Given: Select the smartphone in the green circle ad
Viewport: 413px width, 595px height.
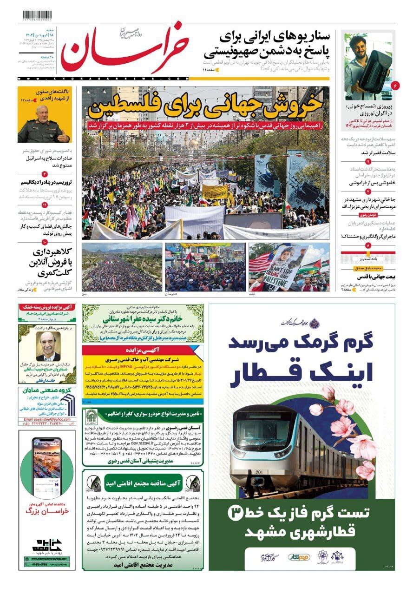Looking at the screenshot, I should (46, 463).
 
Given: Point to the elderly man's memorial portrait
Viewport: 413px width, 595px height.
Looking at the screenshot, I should (48, 346).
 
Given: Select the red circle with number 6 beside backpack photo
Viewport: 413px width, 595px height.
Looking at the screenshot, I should (395, 86).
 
